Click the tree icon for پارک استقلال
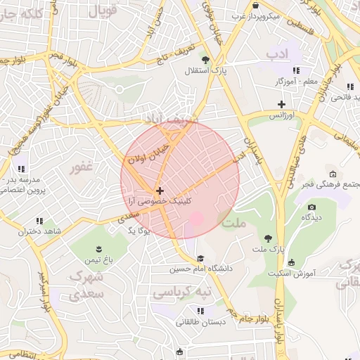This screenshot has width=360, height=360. coord(205,60)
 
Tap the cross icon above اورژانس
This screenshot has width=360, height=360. coord(281,104)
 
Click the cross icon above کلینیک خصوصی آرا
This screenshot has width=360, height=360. coord(160,191)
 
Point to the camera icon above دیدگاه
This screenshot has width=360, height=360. coord(311,207)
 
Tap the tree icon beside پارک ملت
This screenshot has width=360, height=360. coord(268,238)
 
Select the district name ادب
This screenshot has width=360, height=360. coord(278,54)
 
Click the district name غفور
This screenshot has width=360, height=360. coord(82,168)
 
